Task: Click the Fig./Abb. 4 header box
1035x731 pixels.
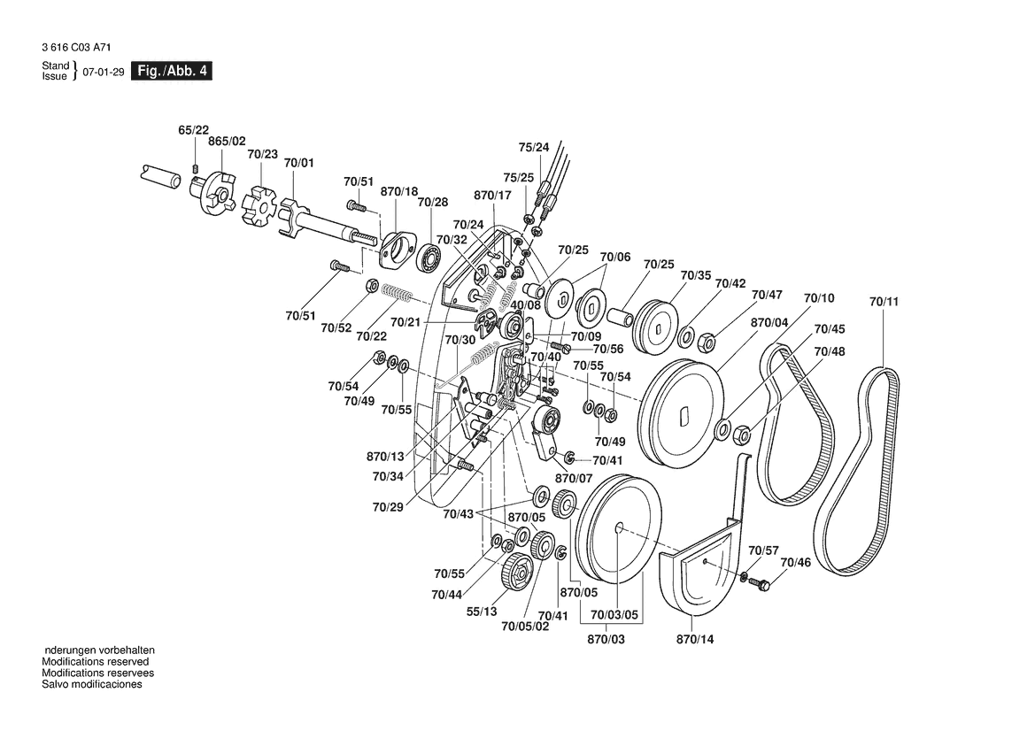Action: click(171, 71)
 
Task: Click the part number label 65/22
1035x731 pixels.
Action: click(194, 130)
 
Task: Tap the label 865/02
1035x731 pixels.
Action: click(227, 142)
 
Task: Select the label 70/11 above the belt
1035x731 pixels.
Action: click(884, 302)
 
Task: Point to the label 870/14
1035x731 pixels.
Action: click(694, 638)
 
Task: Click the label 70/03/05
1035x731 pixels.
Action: click(614, 615)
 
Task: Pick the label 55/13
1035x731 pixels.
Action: click(482, 612)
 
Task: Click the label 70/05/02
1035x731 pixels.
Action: click(525, 627)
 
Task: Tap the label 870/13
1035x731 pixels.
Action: click(385, 457)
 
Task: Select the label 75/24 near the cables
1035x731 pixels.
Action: click(533, 147)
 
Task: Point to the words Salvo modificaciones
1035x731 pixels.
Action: click(92, 684)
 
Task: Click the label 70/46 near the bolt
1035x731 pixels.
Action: click(795, 563)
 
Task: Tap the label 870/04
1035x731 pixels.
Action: click(769, 324)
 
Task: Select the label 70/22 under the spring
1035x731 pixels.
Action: click(372, 336)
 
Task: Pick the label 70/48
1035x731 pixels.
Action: click(830, 351)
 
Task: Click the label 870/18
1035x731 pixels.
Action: click(398, 191)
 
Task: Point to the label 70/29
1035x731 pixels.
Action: click(388, 507)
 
